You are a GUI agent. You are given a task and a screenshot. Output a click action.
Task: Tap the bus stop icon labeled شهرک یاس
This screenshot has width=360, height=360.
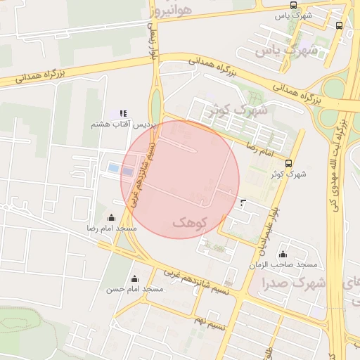coord(340,25)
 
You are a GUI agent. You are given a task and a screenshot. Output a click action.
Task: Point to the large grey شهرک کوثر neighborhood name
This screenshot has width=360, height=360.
coord(238,110)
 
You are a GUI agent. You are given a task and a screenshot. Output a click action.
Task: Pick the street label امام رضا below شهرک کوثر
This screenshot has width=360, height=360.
coord(260,146)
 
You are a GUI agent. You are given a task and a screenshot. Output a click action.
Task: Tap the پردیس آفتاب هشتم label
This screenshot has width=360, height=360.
coord(122,124)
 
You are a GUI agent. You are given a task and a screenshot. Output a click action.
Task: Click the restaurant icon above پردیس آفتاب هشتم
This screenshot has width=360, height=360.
coord(123,113)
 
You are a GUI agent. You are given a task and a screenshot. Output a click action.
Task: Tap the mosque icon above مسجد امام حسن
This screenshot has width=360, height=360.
coord(134,278)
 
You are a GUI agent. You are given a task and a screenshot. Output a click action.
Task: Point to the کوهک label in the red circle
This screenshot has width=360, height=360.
coord(190,222)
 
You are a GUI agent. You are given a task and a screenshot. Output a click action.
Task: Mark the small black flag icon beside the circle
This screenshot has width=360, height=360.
coord(243,203)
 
